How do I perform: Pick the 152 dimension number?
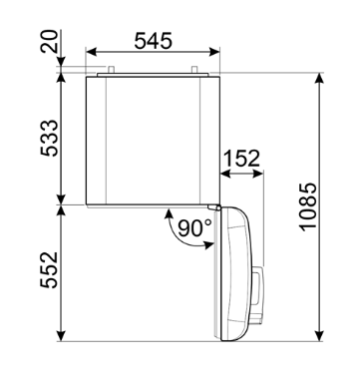pyautogui.click(x=242, y=158)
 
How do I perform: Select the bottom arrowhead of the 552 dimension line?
pyautogui.click(x=63, y=337)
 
